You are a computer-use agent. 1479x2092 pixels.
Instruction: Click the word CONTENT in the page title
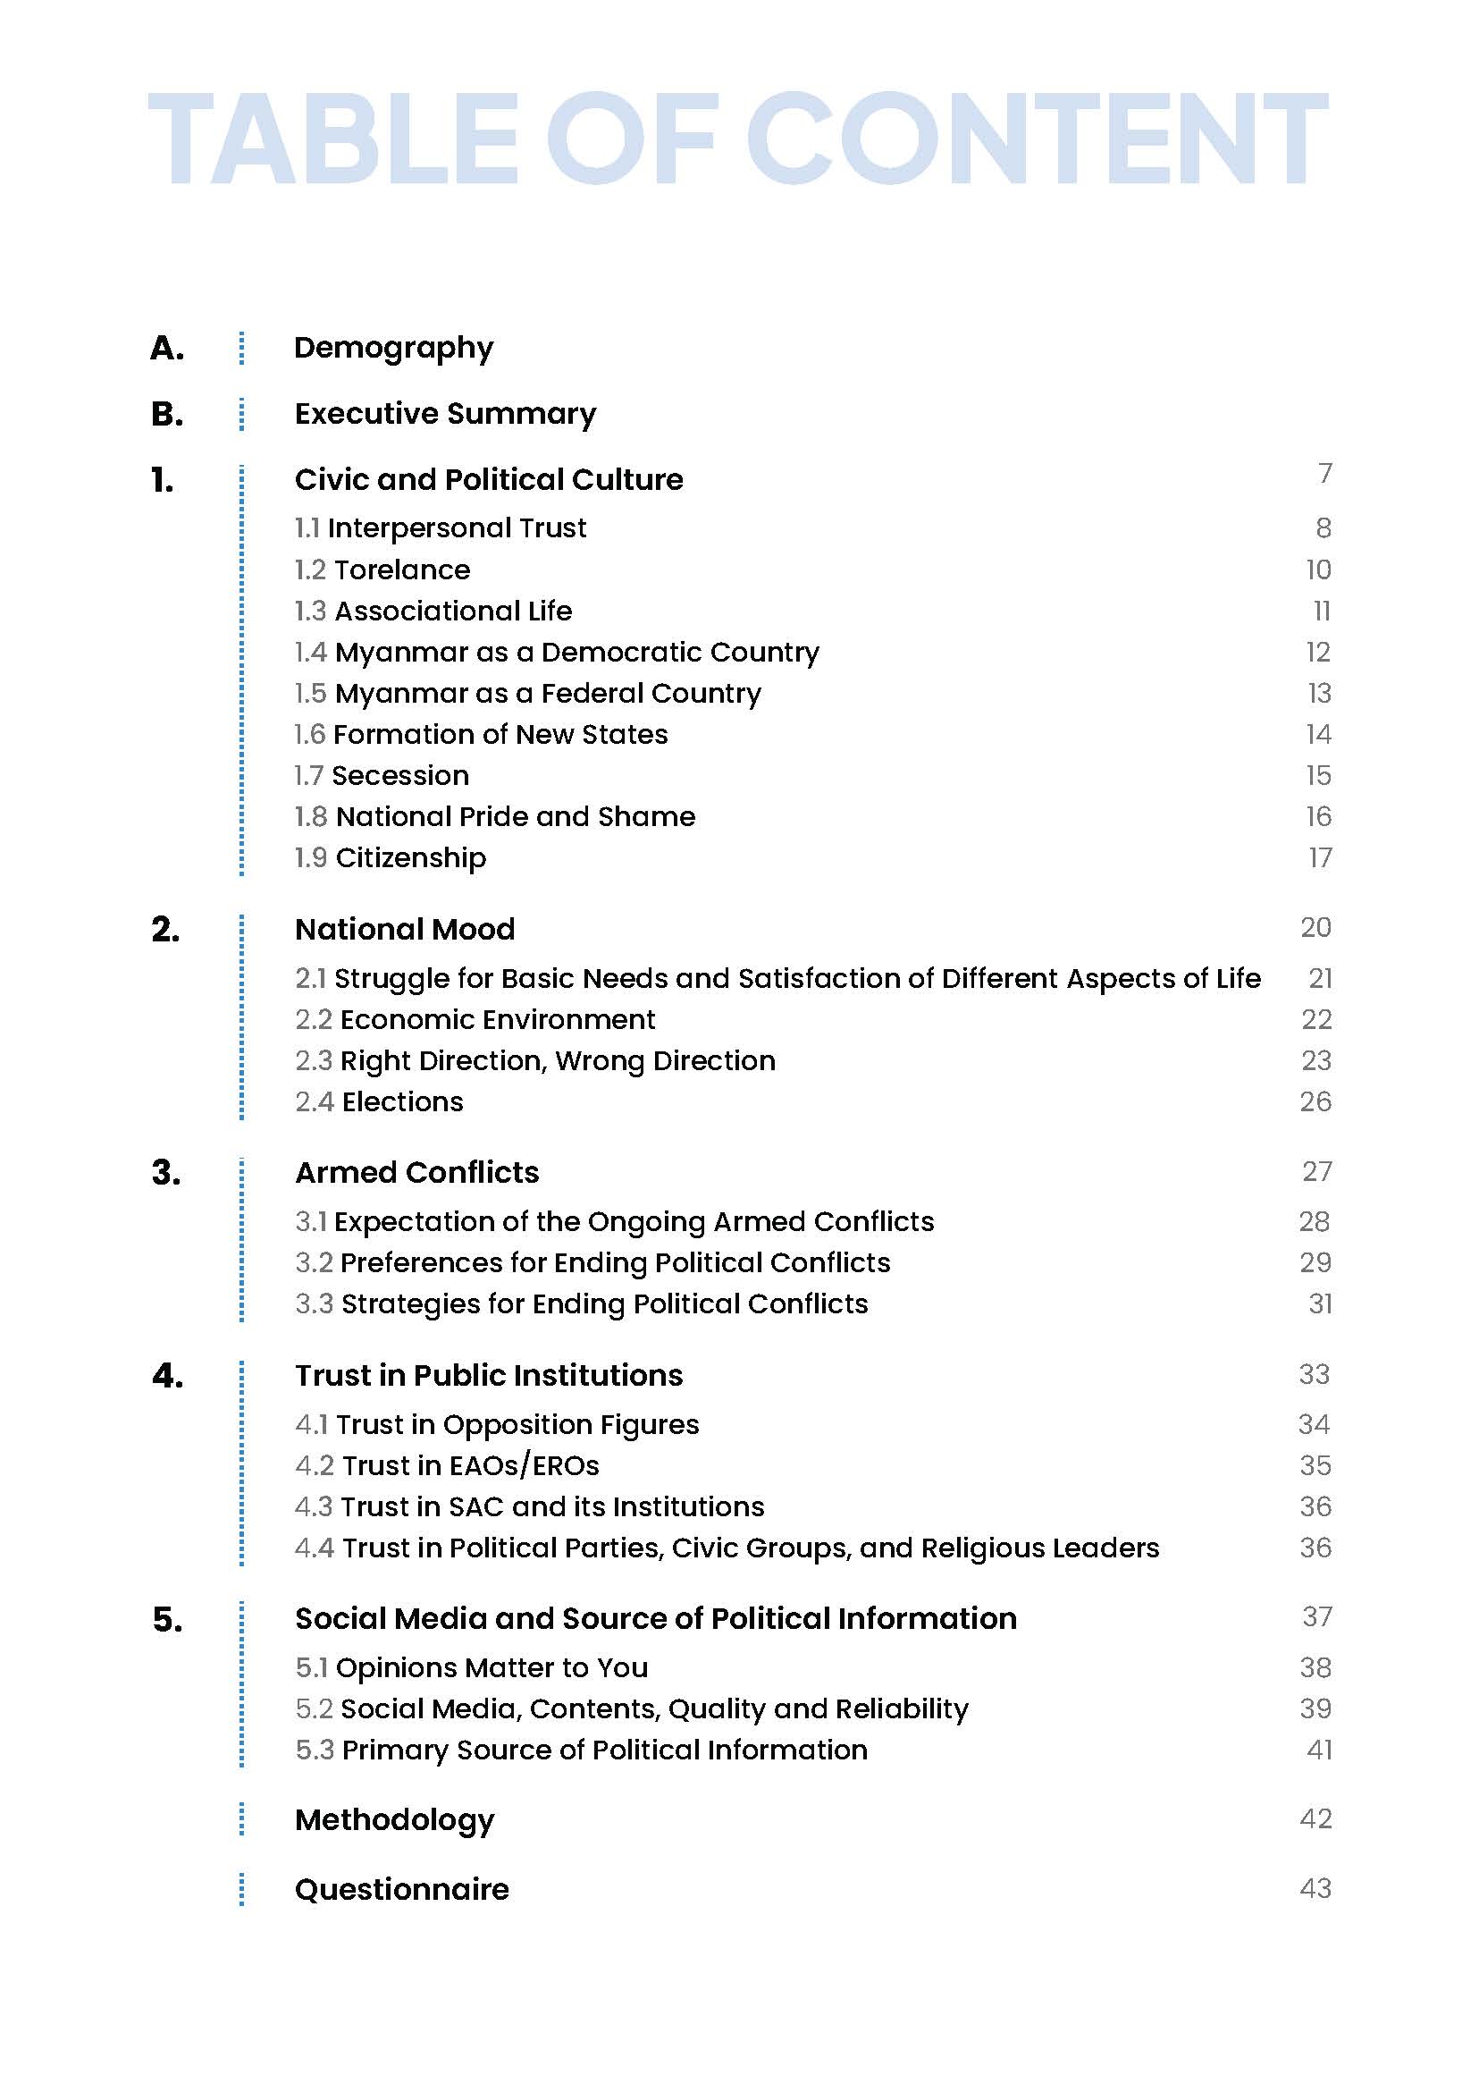point(1038,139)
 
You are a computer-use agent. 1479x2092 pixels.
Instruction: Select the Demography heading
point(393,348)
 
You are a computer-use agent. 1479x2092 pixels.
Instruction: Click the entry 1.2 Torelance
point(382,570)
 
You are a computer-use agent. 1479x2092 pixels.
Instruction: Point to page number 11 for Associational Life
point(1322,612)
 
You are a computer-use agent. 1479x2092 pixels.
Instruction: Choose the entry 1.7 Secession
point(382,776)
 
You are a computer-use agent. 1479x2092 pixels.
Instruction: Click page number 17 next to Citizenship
point(1320,858)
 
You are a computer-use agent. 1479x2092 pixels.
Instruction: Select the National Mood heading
point(405,930)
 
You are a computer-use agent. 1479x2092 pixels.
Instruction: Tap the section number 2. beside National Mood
point(165,931)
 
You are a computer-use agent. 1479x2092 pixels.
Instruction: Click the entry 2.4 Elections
point(379,1102)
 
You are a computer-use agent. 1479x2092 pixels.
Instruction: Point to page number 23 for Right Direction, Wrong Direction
point(1316,1061)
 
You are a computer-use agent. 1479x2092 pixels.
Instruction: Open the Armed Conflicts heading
point(417,1173)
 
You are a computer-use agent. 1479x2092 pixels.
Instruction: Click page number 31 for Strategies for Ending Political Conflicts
point(1320,1304)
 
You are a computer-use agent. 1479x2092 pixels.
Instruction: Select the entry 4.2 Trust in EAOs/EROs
point(447,1466)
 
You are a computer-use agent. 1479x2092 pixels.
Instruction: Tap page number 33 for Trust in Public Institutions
point(1315,1375)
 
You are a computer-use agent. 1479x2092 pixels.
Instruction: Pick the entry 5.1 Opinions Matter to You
point(472,1668)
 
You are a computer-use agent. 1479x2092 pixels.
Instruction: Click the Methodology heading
point(394,1820)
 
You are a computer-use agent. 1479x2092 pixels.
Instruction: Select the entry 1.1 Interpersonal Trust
point(441,528)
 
